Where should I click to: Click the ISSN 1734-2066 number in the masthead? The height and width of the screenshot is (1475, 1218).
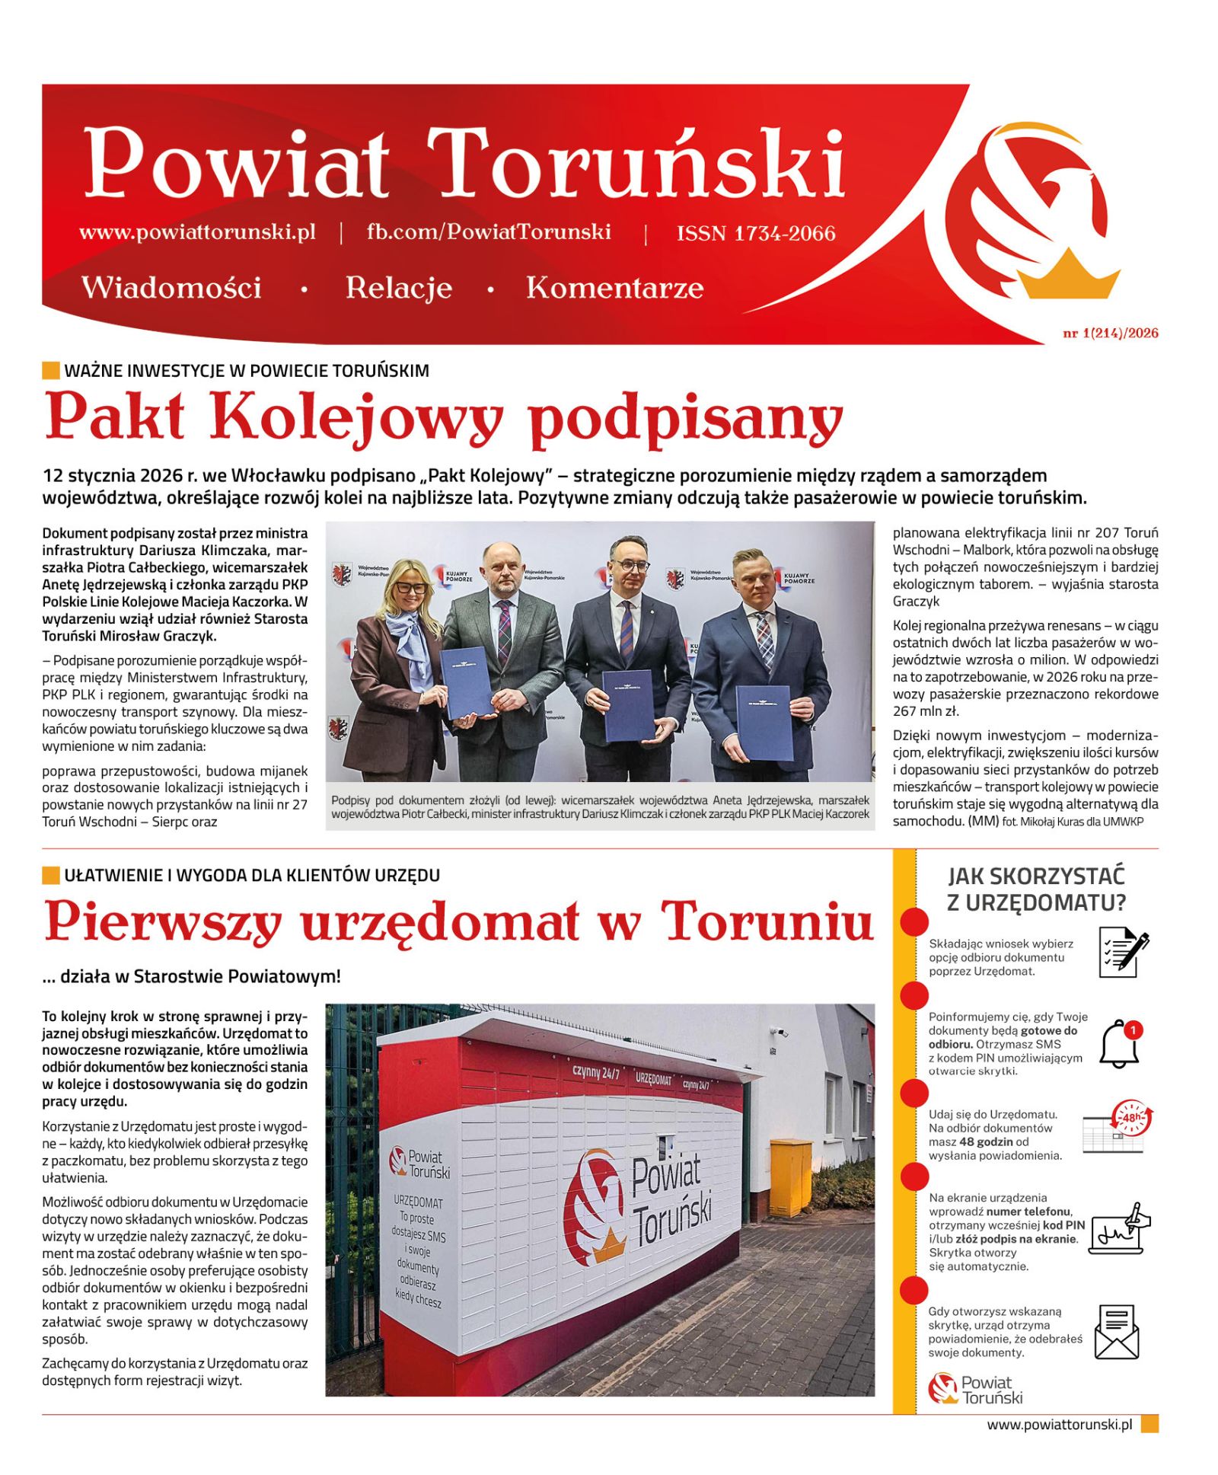tap(755, 233)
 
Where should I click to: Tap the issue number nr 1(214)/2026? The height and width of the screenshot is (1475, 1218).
tap(1110, 333)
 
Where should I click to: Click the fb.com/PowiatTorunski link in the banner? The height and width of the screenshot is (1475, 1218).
tap(488, 232)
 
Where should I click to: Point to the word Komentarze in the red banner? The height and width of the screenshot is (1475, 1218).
tap(614, 288)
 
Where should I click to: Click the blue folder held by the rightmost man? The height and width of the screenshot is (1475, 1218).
tap(764, 722)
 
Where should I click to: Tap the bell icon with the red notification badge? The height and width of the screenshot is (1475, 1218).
tap(1121, 1043)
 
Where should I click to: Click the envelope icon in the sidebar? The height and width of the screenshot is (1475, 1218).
tap(1117, 1332)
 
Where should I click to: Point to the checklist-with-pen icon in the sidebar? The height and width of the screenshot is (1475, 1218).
tap(1123, 951)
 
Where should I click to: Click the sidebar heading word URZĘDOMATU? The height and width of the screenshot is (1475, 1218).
tap(1036, 903)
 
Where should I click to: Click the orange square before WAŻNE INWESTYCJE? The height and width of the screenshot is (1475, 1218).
tap(50, 371)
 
